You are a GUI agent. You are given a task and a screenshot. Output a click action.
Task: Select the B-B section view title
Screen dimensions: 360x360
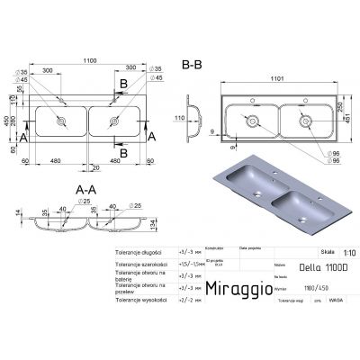[x=192, y=63]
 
